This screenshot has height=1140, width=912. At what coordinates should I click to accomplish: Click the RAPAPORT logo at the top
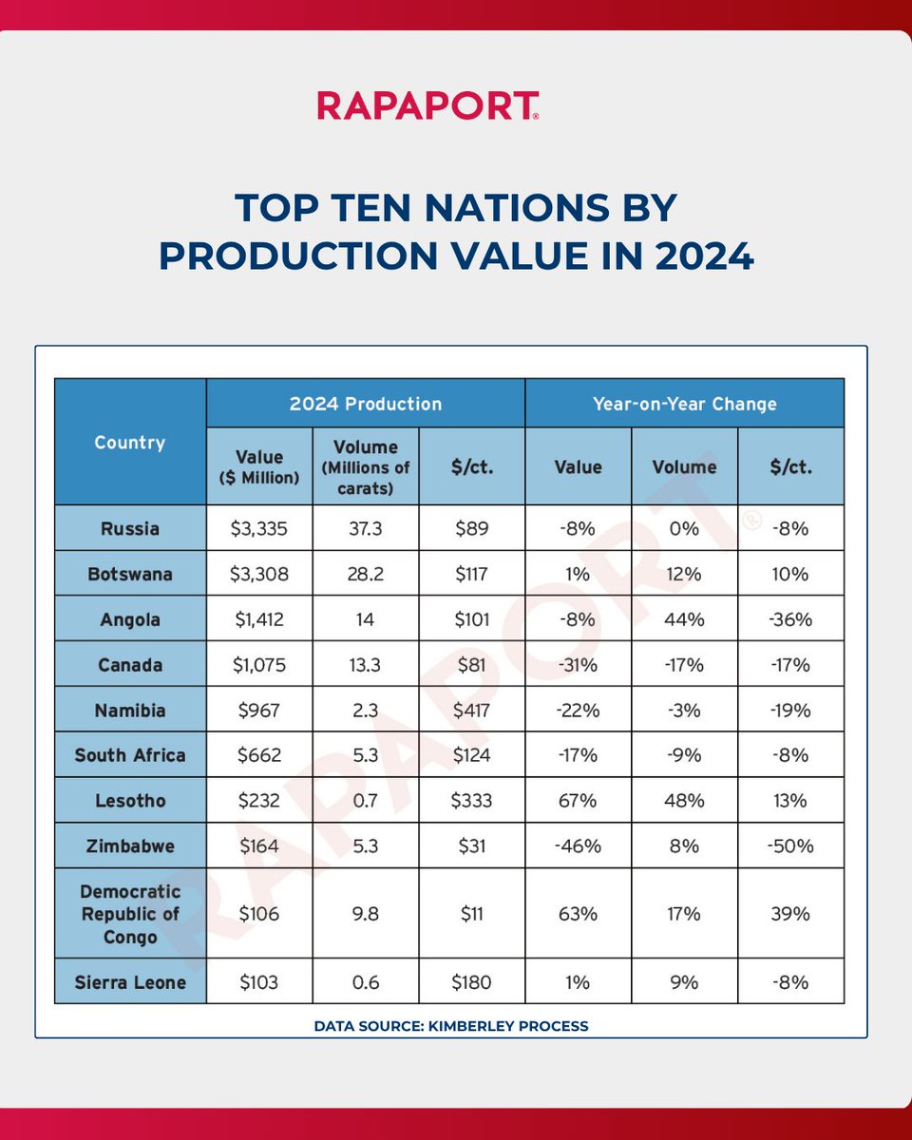(x=428, y=105)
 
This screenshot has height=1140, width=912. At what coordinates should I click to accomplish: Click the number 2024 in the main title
(x=698, y=256)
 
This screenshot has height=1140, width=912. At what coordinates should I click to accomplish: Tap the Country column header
(x=130, y=443)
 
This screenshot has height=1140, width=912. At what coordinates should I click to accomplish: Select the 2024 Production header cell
(x=366, y=404)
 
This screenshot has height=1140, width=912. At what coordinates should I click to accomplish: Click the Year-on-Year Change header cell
(x=684, y=404)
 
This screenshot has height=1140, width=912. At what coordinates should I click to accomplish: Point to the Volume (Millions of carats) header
(x=366, y=466)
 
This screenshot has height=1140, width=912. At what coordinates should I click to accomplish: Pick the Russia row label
(x=130, y=528)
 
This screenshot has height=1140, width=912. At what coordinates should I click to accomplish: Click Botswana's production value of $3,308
(x=259, y=574)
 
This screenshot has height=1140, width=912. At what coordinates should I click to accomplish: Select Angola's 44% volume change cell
(x=684, y=619)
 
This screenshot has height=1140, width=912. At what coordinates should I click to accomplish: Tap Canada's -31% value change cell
(x=578, y=665)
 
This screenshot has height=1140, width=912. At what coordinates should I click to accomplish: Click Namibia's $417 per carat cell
(x=472, y=710)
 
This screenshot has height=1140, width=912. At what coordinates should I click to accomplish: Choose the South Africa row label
(x=130, y=755)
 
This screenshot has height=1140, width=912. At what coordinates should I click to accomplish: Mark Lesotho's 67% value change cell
(x=578, y=801)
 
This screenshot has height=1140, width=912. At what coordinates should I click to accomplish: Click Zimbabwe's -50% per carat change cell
(x=790, y=845)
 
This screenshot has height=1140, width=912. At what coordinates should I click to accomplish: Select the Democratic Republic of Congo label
(x=130, y=913)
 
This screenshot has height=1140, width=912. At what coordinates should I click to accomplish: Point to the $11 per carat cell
(x=472, y=913)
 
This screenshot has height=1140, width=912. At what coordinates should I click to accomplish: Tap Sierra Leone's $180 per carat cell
(x=472, y=981)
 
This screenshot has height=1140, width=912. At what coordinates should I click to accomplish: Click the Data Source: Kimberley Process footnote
(x=451, y=1025)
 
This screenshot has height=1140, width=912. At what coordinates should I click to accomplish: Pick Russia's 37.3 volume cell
(x=366, y=528)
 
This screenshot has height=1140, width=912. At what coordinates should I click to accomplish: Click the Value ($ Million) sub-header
(x=259, y=466)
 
